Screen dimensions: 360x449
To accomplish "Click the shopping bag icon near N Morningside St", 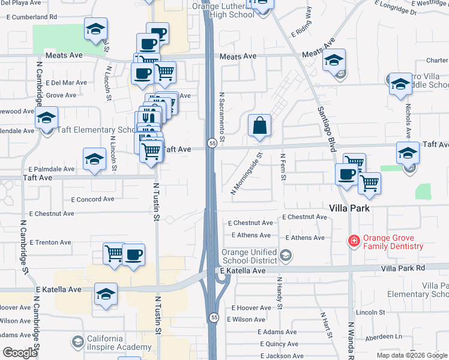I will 259,126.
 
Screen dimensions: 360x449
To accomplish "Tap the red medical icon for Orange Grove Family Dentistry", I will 354,241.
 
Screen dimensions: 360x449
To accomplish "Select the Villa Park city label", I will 349,208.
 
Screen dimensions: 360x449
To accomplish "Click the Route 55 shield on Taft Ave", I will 212,143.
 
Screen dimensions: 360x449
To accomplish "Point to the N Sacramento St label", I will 221,117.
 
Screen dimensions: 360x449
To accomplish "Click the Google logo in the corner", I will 20,353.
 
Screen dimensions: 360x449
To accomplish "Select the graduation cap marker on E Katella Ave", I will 106,294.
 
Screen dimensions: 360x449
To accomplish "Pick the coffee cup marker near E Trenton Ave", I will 133,254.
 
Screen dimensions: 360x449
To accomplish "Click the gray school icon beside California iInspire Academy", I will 77,342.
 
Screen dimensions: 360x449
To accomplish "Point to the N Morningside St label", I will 247,173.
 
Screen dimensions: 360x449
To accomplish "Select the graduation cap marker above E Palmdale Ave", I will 94,159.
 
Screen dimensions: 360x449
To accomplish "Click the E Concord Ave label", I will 92,199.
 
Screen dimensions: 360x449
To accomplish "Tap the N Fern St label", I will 283,168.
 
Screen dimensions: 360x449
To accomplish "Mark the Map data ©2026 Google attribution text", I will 412,355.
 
